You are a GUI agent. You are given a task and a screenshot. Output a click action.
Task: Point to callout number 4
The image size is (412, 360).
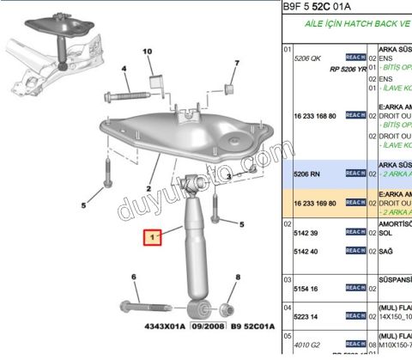pyautogui.click(x=124, y=69)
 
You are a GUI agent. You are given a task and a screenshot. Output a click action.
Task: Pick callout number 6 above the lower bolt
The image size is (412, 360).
pyautogui.click(x=133, y=276)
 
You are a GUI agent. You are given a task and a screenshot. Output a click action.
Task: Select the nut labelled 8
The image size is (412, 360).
pyautogui.click(x=228, y=308)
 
